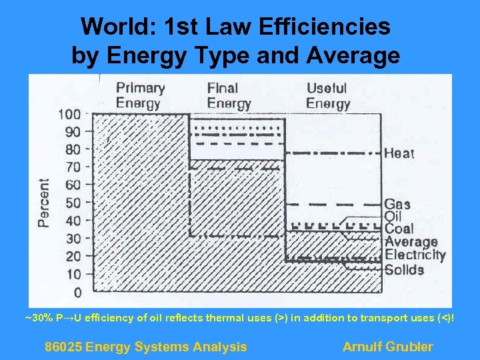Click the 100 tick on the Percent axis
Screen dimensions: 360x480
tap(69, 114)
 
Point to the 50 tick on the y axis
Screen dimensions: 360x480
tap(73, 203)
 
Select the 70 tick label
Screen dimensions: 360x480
tap(73, 167)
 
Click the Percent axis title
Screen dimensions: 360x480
tap(44, 203)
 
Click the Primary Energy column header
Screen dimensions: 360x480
tap(139, 95)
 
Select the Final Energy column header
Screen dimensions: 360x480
tap(229, 95)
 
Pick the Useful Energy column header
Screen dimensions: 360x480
tap(328, 95)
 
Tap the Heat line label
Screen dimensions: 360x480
tap(399, 153)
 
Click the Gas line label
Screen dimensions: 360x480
tap(397, 205)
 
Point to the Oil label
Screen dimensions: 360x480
tap(393, 216)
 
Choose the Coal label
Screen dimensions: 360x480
tap(399, 229)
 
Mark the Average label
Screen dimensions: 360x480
tap(411, 241)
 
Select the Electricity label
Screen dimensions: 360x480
tap(415, 255)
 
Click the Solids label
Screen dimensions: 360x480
tap(404, 269)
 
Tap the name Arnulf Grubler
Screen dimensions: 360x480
tap(387, 347)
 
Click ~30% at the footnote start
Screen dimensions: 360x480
tap(37, 318)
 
